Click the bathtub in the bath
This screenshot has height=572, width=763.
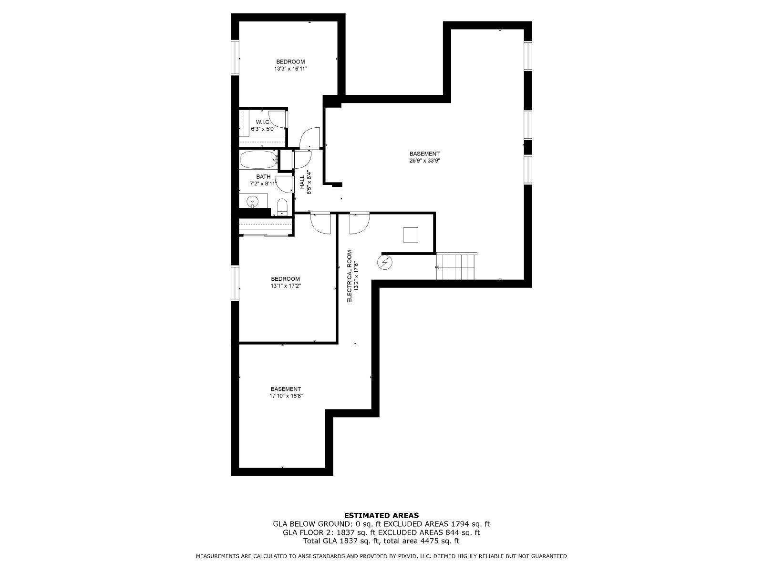coord(258,160)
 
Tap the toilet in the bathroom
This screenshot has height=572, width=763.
coord(282,207)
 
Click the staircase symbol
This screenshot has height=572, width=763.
coord(456,267)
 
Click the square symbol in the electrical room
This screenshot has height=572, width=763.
coord(411,235)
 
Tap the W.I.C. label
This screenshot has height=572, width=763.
coord(263,122)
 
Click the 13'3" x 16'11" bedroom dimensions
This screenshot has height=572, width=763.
coord(290,69)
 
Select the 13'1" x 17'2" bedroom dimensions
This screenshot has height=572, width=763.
coord(285,286)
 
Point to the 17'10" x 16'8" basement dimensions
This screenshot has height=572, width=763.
coord(286,396)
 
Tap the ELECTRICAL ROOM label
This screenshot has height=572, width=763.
coord(349,276)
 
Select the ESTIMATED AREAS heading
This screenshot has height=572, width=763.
coord(381,515)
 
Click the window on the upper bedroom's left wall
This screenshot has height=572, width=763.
coord(235,57)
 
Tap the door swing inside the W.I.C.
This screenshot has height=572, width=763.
coord(278,119)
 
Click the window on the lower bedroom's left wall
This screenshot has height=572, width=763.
coord(235,283)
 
